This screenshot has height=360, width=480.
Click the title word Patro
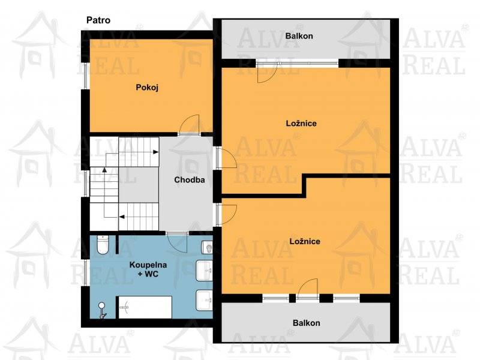98,20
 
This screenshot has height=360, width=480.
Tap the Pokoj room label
147,88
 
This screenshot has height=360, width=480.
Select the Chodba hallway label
190,179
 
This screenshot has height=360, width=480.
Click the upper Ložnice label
301,124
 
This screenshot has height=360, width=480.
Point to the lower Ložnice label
305,241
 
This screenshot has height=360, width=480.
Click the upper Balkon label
299,36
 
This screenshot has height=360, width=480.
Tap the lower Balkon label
307,323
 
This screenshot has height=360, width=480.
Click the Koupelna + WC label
148,269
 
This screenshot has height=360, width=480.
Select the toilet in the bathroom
103,245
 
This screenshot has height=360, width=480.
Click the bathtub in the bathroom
145,307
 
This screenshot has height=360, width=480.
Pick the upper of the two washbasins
204,271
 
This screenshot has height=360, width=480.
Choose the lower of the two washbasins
204,300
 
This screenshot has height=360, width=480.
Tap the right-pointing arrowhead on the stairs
156,152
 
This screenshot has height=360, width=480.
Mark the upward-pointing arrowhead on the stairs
104,170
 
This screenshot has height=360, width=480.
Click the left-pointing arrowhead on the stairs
122,217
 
